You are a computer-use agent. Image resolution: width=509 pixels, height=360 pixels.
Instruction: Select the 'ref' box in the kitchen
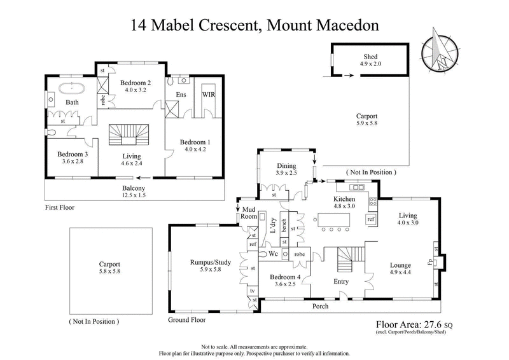[x=371, y=219]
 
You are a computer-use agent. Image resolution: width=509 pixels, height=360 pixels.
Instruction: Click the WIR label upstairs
[x=208, y=94]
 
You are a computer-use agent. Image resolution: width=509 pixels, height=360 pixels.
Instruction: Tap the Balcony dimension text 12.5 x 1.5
[x=134, y=197]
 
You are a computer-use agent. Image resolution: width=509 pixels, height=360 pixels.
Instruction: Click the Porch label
[x=320, y=305]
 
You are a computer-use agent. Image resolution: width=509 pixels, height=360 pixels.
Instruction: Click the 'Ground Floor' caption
[x=186, y=320]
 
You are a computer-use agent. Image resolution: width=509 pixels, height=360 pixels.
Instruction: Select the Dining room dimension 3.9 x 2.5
[x=286, y=172]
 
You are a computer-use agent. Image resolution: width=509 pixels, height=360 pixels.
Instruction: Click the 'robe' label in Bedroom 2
[x=102, y=99]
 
